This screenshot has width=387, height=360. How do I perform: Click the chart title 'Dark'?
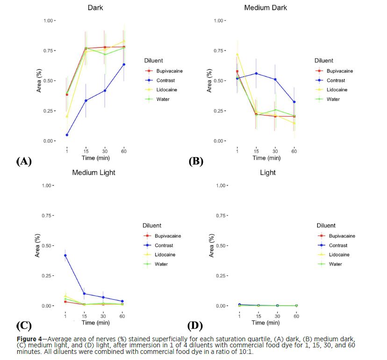96,8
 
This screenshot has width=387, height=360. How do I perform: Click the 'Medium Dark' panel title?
265,8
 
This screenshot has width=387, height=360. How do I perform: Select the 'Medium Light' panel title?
93,173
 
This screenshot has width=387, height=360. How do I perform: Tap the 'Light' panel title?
268,173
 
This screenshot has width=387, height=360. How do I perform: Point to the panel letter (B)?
195,162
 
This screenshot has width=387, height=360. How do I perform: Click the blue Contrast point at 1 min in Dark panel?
67,135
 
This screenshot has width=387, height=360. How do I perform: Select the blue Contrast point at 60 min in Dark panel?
124,65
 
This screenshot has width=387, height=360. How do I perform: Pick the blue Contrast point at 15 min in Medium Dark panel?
256,73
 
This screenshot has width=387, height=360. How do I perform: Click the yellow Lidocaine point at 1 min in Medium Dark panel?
237,54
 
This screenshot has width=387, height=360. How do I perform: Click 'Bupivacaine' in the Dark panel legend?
169,71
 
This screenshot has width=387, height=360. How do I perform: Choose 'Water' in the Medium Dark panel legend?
333,99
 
